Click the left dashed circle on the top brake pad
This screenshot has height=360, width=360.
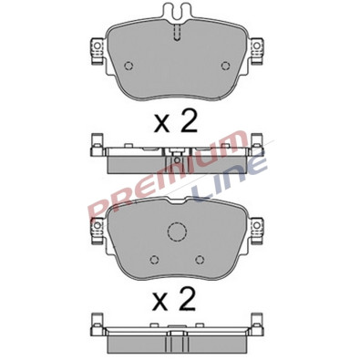(129, 66)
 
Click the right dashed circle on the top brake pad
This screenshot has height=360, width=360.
(226, 66)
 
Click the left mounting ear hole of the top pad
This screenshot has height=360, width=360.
(98, 46)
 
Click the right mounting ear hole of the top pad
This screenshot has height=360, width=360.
(257, 46)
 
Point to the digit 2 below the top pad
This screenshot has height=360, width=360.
(189, 121)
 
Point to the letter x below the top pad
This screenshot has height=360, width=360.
(161, 125)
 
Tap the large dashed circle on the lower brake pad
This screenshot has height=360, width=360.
(177, 232)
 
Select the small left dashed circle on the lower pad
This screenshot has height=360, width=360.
(155, 260)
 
